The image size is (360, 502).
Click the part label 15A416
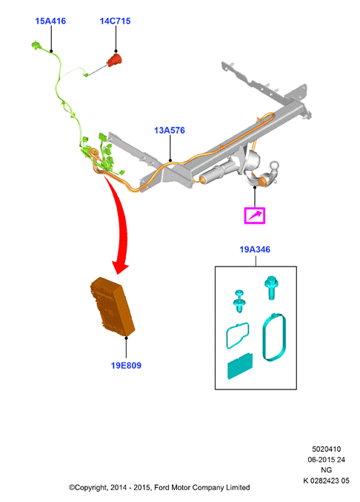pos(50,21)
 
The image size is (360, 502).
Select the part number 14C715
pos(115,21)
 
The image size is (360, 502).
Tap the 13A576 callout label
pos(170,130)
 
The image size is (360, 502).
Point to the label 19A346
pos(255,250)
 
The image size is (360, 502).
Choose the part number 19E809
pos(126,365)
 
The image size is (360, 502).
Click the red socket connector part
pos(115,60)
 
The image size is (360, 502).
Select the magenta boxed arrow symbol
pos(255,215)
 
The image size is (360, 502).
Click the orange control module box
pos(112,307)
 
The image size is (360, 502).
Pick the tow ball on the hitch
pos(275,167)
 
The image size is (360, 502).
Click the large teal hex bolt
pos(271,287)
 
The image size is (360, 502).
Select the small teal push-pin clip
pos(239,301)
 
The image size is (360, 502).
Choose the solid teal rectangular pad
pos(240,367)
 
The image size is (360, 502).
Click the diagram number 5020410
pos(327,449)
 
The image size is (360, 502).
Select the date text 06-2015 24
pos(327,459)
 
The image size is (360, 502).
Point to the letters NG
pos(327,470)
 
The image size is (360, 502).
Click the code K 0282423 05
pos(327,481)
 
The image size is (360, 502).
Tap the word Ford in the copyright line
pos(162,487)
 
